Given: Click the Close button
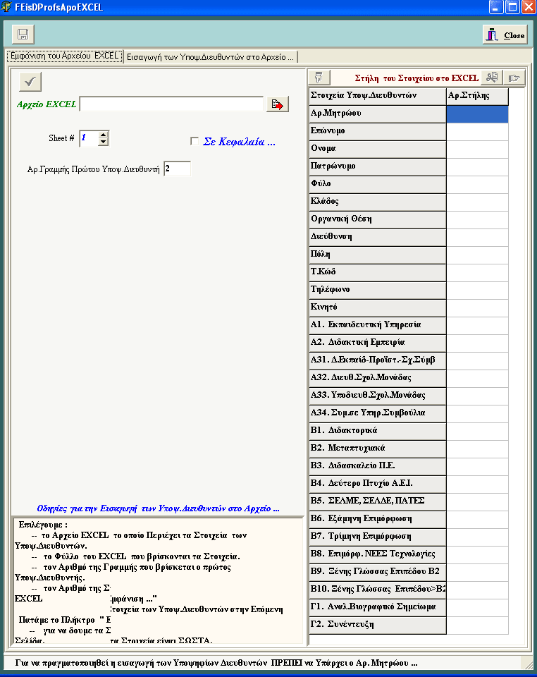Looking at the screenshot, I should pyautogui.click(x=505, y=35).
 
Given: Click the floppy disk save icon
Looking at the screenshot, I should pyautogui.click(x=23, y=35).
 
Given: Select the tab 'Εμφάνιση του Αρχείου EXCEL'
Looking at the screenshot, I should pyautogui.click(x=65, y=56).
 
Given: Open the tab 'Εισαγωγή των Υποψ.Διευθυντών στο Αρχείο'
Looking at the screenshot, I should pyautogui.click(x=211, y=56).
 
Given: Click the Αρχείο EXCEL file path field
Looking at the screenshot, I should pyautogui.click(x=172, y=104).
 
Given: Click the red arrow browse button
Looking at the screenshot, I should pyautogui.click(x=277, y=104).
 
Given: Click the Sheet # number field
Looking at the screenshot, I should pyautogui.click(x=88, y=138).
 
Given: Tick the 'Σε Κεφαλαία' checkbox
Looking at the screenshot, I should pyautogui.click(x=195, y=142).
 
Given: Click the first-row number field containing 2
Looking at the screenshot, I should pyautogui.click(x=176, y=169).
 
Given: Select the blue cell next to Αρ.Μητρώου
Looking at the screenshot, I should pyautogui.click(x=477, y=114).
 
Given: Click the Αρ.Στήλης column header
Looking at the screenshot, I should pyautogui.click(x=477, y=95).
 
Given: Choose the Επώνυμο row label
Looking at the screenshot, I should pyautogui.click(x=377, y=131).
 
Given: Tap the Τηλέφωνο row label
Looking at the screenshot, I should pyautogui.click(x=377, y=290).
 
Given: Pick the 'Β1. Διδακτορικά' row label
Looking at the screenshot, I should pyautogui.click(x=377, y=431).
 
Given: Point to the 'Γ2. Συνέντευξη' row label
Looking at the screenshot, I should pyautogui.click(x=377, y=625).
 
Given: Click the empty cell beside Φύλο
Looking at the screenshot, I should pyautogui.click(x=477, y=184).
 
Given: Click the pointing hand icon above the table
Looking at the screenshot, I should pyautogui.click(x=515, y=78).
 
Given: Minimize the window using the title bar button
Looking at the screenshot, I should pyautogui.click(x=497, y=7).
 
